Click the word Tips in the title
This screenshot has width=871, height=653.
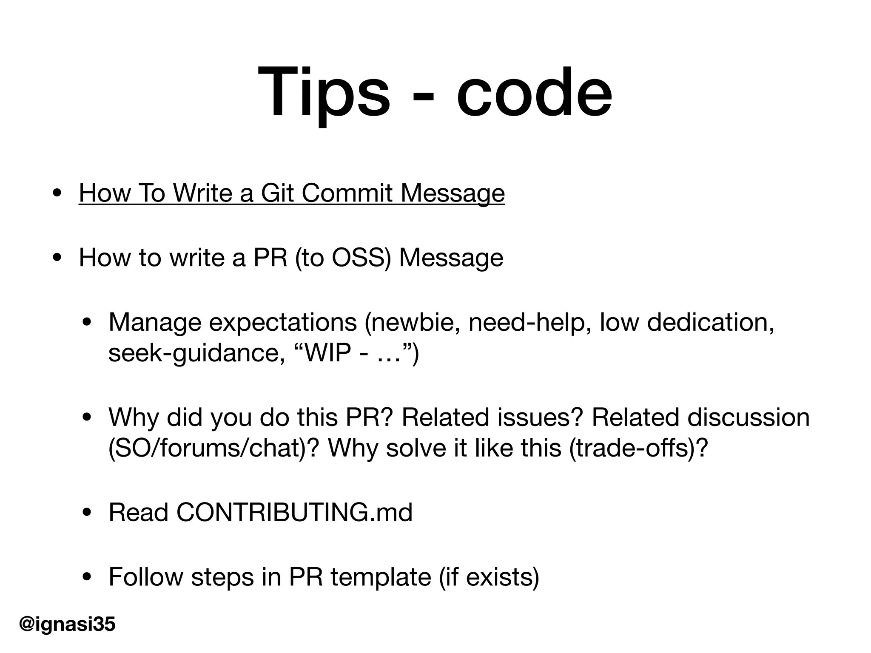(x=323, y=93)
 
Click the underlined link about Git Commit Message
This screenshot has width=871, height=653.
(x=292, y=193)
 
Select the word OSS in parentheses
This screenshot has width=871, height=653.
(x=361, y=258)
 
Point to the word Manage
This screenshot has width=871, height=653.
(x=154, y=323)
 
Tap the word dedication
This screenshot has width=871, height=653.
(x=710, y=323)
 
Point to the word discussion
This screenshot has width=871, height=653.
(x=749, y=417)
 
